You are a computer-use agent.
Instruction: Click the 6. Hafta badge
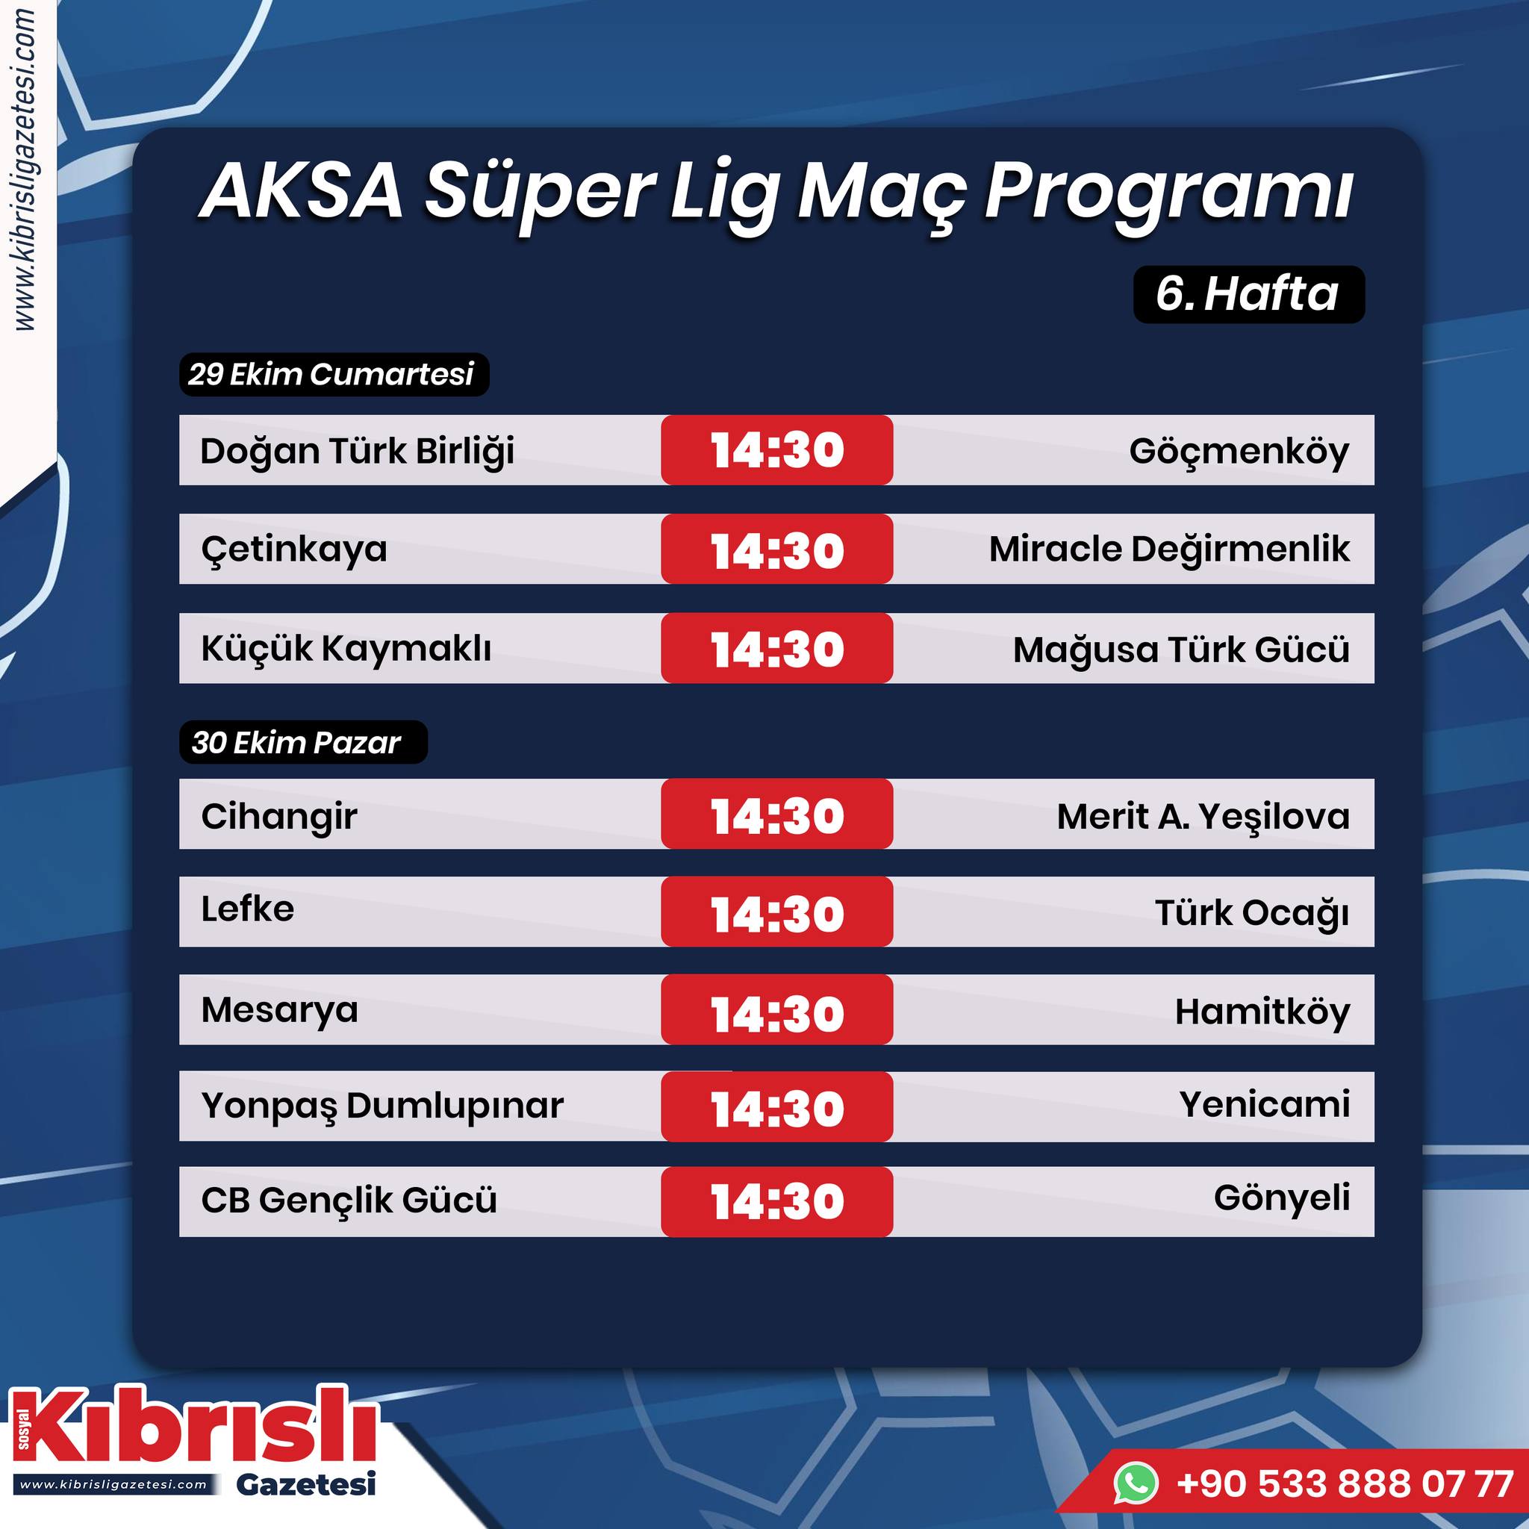click(1249, 294)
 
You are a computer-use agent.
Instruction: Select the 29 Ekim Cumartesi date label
click(334, 374)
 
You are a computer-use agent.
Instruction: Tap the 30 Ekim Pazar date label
click(303, 742)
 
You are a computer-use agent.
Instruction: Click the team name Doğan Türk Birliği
click(357, 452)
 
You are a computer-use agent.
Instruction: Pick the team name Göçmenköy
click(1239, 452)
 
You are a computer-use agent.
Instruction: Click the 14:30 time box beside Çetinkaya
click(777, 549)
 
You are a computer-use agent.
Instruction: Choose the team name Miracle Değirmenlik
click(1170, 550)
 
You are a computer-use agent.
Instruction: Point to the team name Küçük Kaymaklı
click(346, 648)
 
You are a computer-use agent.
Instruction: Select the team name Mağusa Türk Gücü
click(1182, 650)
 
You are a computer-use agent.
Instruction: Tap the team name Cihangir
click(279, 817)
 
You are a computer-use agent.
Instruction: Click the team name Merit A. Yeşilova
click(1203, 817)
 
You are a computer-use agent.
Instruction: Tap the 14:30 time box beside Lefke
click(777, 912)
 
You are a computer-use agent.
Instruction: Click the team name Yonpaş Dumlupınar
click(382, 1106)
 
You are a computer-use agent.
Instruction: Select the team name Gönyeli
click(1282, 1198)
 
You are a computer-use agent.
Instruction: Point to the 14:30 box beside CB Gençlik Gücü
click(777, 1201)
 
